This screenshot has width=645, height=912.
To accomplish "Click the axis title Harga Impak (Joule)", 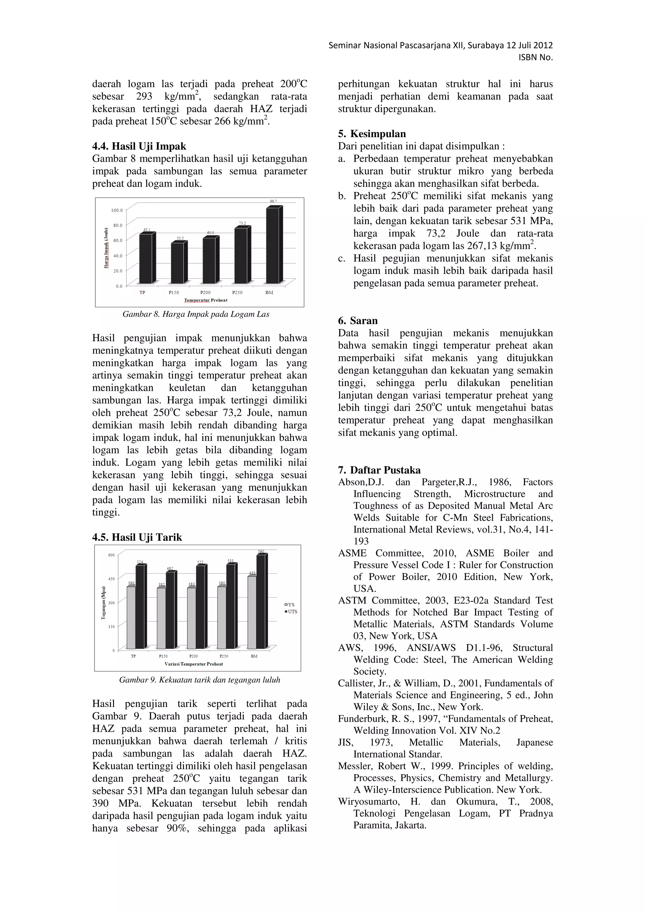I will (106, 248).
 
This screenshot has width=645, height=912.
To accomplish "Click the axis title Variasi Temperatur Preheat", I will (194, 664).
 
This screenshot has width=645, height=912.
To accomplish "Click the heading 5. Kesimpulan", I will (372, 133).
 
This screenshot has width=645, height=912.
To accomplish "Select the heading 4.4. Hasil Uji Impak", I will (139, 146).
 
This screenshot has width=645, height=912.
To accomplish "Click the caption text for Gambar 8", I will (196, 314).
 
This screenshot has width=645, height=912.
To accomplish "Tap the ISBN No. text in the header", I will (535, 58).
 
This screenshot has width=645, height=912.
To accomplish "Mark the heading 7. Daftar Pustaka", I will (379, 470).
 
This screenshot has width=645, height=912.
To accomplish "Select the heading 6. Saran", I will (358, 321).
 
